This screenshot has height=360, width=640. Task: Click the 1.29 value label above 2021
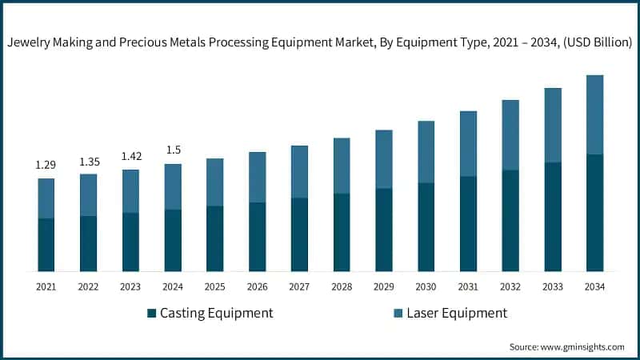click(x=46, y=165)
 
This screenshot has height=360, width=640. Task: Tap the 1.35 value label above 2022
click(x=89, y=162)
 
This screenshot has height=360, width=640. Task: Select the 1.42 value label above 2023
click(x=130, y=157)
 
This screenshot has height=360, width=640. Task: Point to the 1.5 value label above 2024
click(x=173, y=150)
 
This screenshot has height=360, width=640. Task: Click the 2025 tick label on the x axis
click(x=214, y=286)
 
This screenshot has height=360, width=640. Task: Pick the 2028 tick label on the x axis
click(x=342, y=286)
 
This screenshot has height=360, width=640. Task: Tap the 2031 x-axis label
click(x=468, y=286)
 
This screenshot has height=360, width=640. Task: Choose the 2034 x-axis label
click(x=594, y=286)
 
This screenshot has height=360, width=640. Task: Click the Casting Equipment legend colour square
click(x=151, y=313)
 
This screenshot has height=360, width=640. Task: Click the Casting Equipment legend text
click(x=216, y=313)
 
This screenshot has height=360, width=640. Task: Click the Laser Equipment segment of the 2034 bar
click(x=594, y=114)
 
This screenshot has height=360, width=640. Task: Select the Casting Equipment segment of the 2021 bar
click(x=46, y=245)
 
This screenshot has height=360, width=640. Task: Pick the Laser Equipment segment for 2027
click(x=299, y=172)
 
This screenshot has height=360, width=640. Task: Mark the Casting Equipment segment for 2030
click(x=426, y=227)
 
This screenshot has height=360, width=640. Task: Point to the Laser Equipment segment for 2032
click(x=510, y=135)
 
